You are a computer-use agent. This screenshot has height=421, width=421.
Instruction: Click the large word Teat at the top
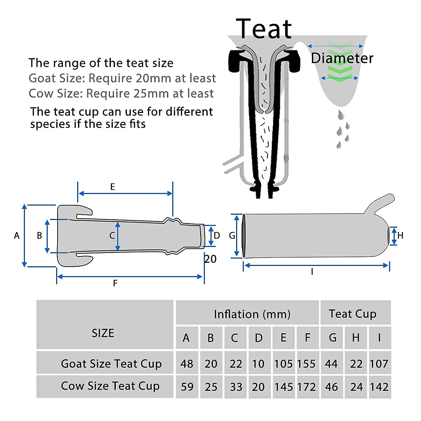pos(264,29)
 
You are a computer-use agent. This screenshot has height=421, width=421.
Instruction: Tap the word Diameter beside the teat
pos(342,58)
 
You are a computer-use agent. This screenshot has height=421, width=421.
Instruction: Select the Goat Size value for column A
pos(187,364)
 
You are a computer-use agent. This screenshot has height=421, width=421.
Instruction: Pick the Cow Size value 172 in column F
pos(306,387)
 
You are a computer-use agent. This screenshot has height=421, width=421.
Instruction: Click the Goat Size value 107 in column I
pos(379,364)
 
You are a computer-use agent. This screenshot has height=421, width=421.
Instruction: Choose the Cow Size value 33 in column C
pos(236,387)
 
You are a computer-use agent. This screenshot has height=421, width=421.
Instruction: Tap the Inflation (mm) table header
pos(252,314)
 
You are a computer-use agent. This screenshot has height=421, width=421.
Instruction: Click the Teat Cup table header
pos(353,314)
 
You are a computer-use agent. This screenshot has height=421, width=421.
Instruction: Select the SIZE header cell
pos(103,333)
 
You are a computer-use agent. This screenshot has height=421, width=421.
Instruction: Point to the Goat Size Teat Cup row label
pos(111,364)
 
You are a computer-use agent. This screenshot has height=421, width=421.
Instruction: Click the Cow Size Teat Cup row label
pos(110,386)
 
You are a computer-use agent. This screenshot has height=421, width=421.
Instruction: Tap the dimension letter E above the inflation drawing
pos(113,187)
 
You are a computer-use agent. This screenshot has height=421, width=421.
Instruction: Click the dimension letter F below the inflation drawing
pos(115,283)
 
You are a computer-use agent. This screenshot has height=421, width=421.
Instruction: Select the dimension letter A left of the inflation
pos(17,236)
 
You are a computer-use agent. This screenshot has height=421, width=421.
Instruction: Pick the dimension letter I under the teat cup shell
pos(312,271)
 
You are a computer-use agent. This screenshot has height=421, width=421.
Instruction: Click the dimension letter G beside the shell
pos(232,236)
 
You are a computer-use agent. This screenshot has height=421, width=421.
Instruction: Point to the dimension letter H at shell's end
pos(400,236)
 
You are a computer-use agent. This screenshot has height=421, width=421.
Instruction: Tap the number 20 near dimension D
pos(210,259)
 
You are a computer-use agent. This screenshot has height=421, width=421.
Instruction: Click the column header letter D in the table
pos(259,338)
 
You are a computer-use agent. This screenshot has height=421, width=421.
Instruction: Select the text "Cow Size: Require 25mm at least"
pos(121,94)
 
